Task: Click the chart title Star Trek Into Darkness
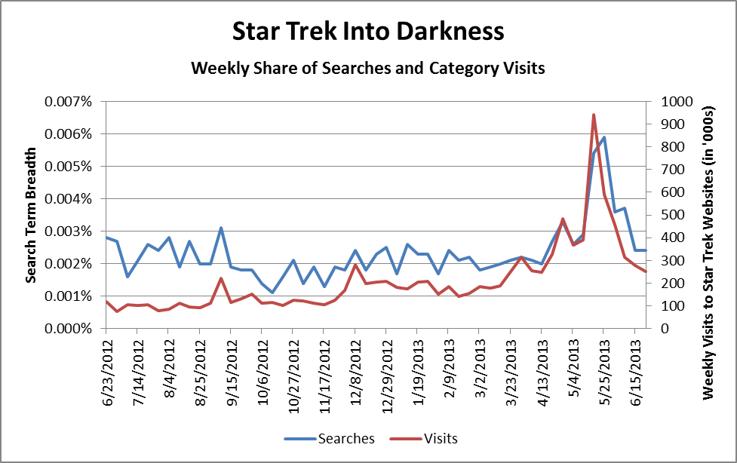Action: click(x=368, y=31)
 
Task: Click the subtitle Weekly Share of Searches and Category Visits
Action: click(x=368, y=68)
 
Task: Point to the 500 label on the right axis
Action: click(x=670, y=215)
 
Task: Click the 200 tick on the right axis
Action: click(x=670, y=284)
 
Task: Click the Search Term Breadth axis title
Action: click(x=32, y=215)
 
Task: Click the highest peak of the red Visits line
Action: click(x=594, y=115)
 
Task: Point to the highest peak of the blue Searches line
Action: click(x=604, y=137)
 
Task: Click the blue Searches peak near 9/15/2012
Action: click(x=221, y=228)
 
